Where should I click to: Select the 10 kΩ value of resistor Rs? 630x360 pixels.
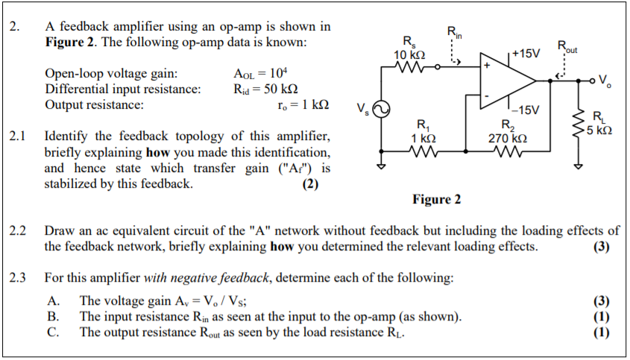click(410, 54)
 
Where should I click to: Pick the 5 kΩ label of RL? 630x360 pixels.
click(599, 130)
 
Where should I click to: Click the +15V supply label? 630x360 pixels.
click(526, 54)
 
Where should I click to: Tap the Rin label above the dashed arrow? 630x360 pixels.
click(454, 31)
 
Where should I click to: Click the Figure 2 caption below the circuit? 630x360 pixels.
click(436, 199)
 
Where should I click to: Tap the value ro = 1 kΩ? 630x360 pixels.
click(302, 105)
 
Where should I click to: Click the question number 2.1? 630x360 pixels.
click(19, 137)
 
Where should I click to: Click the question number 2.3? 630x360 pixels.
click(19, 278)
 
